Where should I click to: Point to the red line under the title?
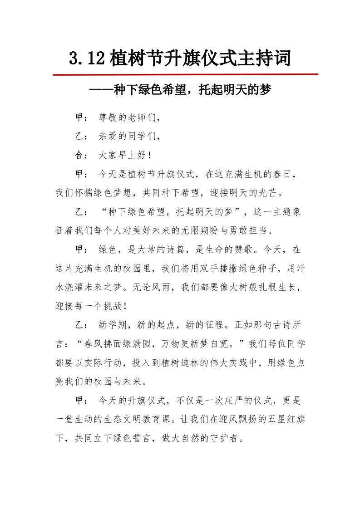[x=185, y=74]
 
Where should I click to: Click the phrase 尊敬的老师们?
[x=127, y=118]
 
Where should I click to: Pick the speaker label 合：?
[x=81, y=156]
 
